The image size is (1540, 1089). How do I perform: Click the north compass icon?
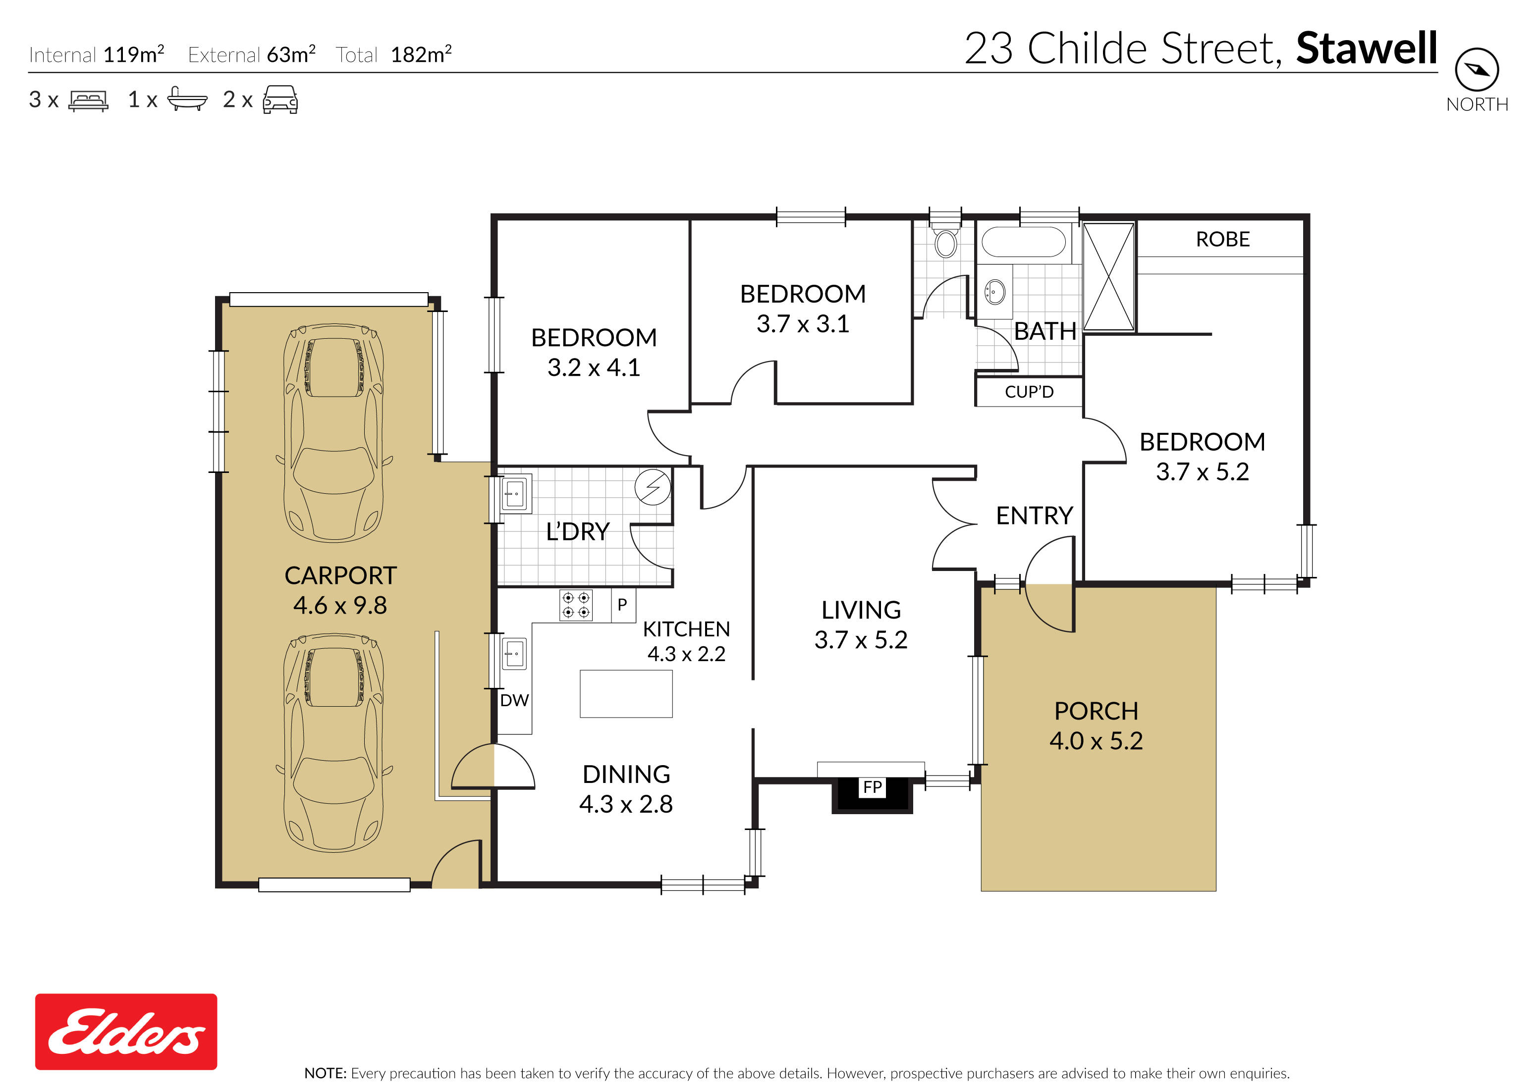[1476, 69]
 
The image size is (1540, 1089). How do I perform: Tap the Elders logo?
[126, 1032]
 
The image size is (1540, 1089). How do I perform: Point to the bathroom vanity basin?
[994, 292]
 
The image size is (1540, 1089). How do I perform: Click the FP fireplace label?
[872, 787]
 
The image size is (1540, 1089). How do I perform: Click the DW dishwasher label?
[514, 701]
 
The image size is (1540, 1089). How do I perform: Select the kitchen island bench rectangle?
[626, 694]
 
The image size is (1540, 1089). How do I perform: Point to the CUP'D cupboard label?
[1029, 392]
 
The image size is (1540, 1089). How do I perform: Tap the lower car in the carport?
[333, 743]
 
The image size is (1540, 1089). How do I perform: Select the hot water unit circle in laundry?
[653, 486]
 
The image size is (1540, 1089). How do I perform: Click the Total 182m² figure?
[421, 55]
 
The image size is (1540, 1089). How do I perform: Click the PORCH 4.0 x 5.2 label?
[1096, 726]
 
